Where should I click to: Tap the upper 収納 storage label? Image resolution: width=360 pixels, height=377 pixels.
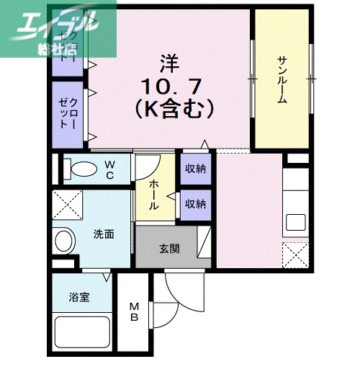194,169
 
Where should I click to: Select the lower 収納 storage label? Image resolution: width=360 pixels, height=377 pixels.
194,203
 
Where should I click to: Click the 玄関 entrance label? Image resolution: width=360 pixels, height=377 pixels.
169,249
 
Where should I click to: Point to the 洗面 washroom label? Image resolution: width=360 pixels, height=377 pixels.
103,234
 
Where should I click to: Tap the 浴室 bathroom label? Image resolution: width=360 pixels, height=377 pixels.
79,296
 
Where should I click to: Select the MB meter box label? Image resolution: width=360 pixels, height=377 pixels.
134,313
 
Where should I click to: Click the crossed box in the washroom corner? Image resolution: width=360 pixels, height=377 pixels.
66,205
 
